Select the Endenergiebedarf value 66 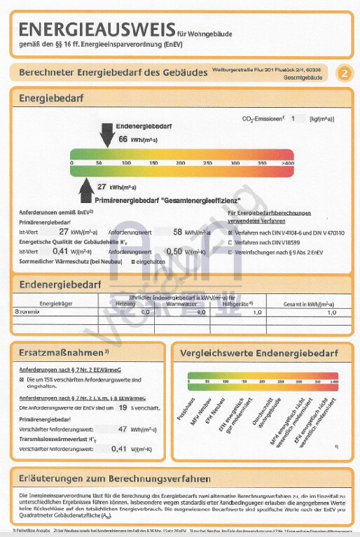pyautogui.click(x=123, y=140)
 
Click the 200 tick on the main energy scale pyautogui.click(x=180, y=162)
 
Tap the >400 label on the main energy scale pyautogui.click(x=287, y=162)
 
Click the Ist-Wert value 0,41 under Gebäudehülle pyautogui.click(x=60, y=251)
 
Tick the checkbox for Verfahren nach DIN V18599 pyautogui.click(x=232, y=242)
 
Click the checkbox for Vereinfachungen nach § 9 pyautogui.click(x=232, y=252)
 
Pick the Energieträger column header pyautogui.click(x=57, y=304)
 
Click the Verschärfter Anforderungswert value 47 pyautogui.click(x=123, y=428)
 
